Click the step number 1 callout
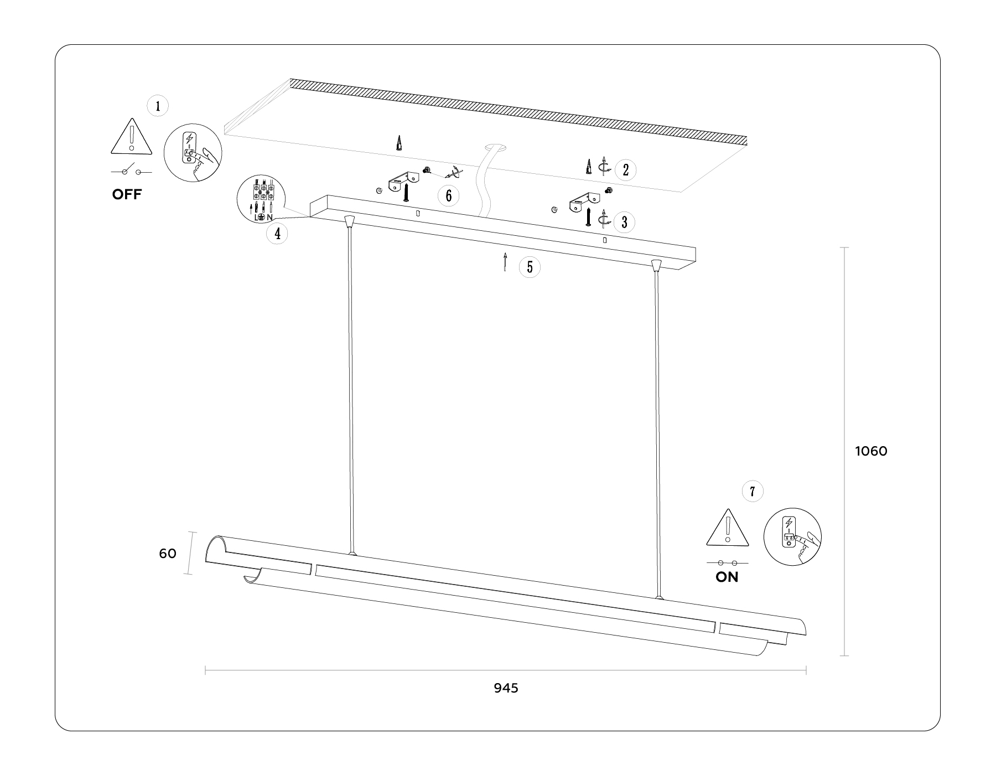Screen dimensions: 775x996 click(158, 106)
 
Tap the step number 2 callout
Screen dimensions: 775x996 click(625, 169)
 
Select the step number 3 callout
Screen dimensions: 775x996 click(624, 222)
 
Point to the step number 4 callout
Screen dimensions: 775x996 click(277, 234)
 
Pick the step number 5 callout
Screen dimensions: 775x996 click(530, 267)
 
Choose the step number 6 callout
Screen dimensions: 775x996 click(448, 195)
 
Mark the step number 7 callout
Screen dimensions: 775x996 click(752, 491)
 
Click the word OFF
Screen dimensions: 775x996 click(127, 194)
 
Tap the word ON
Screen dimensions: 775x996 click(727, 577)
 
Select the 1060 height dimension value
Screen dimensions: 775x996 click(871, 451)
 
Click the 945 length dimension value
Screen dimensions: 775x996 click(506, 688)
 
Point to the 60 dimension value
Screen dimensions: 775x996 click(168, 553)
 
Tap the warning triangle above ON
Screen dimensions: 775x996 click(728, 528)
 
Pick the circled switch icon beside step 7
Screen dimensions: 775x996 click(792, 536)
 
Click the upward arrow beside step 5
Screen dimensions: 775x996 click(505, 262)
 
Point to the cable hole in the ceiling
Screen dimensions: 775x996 click(496, 148)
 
